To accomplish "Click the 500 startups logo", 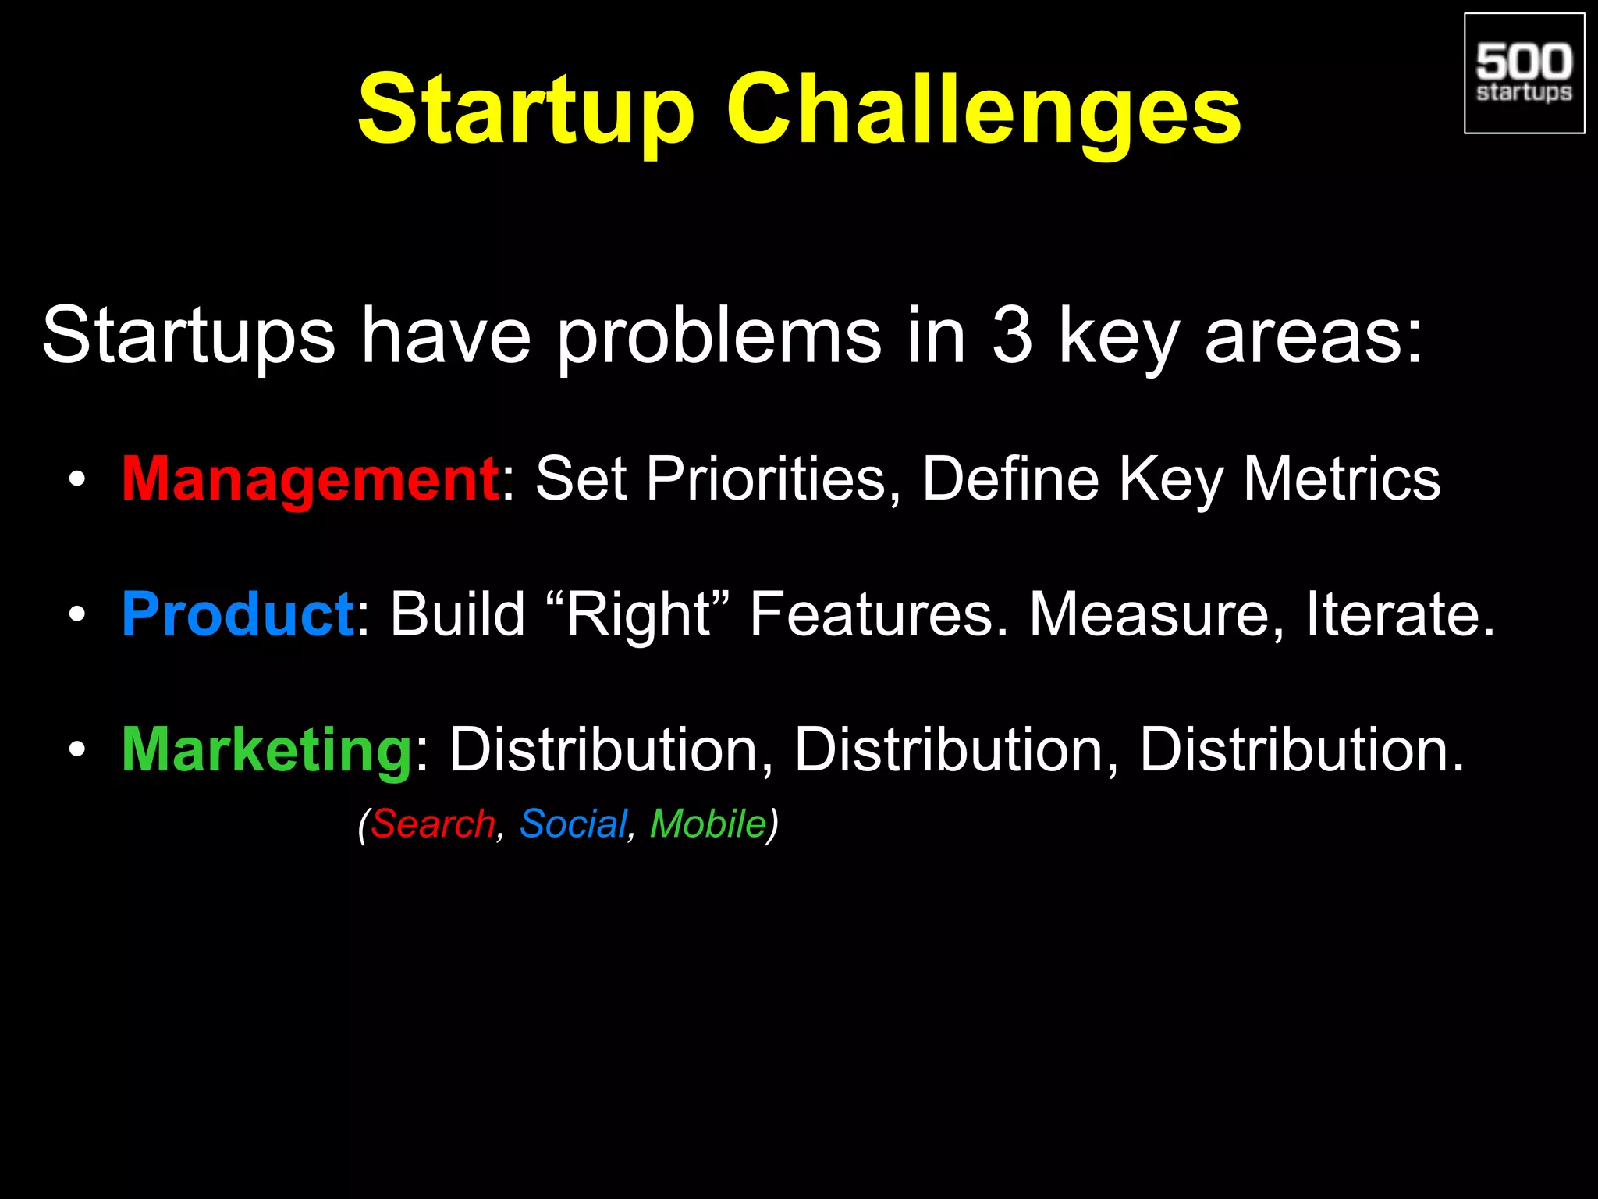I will pyautogui.click(x=1524, y=73).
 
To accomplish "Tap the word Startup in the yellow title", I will pyautogui.click(x=525, y=110).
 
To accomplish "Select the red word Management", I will pyautogui.click(x=310, y=479).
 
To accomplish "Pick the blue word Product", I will pyautogui.click(x=238, y=614).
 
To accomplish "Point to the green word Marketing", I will pyautogui.click(x=267, y=749).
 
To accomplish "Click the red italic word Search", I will pyautogui.click(x=433, y=824).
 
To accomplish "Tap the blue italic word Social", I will pyautogui.click(x=574, y=824).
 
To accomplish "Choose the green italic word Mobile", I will pyautogui.click(x=708, y=824).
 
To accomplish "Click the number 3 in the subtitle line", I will pyautogui.click(x=1012, y=336).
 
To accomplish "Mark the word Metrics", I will pyautogui.click(x=1341, y=479).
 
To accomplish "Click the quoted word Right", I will pyautogui.click(x=637, y=614).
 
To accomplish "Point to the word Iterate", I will pyautogui.click(x=1401, y=614).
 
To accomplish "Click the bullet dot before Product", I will pyautogui.click(x=76, y=615).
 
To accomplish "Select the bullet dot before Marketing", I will pyautogui.click(x=76, y=750).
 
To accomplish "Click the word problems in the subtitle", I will pyautogui.click(x=718, y=336).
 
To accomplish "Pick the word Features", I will pyautogui.click(x=879, y=614).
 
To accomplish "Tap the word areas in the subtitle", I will pyautogui.click(x=1313, y=336).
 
